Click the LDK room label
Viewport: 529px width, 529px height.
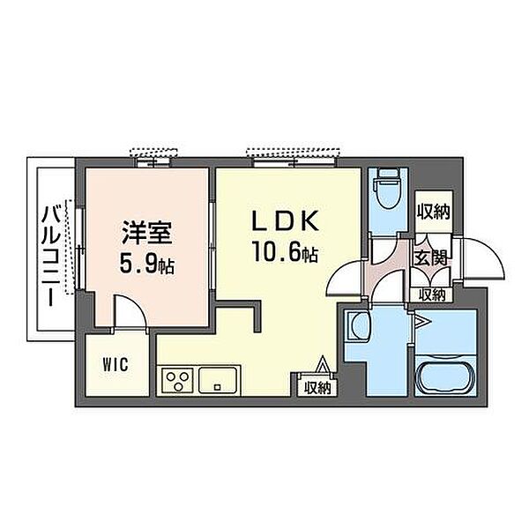click(286, 220)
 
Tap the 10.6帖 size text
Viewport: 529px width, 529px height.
click(286, 252)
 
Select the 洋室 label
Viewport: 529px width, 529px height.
click(146, 233)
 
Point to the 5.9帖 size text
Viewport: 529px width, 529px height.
click(146, 264)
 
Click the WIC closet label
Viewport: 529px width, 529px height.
click(115, 364)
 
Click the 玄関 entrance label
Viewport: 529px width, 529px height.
click(431, 257)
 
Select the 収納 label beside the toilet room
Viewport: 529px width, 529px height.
click(434, 212)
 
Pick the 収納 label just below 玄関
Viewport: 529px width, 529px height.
click(432, 295)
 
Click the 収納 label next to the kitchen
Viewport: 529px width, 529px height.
click(317, 388)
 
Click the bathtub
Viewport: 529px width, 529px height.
click(445, 375)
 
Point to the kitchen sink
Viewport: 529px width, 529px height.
click(218, 380)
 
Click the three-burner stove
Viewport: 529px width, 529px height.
click(177, 380)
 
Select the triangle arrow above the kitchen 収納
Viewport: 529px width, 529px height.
click(323, 364)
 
